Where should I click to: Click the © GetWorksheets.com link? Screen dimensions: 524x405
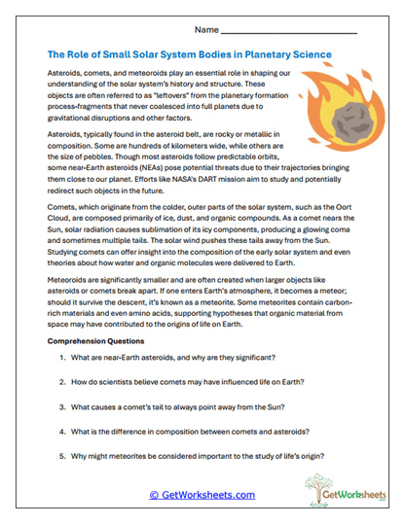click(202, 495)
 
